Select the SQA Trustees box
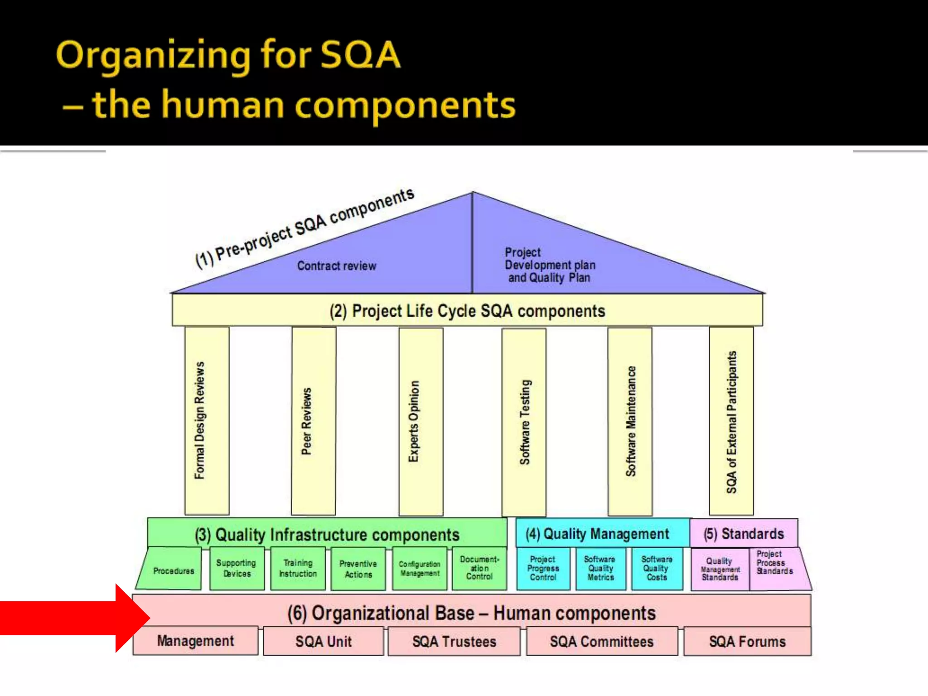coord(454,642)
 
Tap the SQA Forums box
coord(747,642)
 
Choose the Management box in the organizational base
coord(195,641)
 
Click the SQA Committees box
coord(602,642)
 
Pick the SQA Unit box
coord(324,642)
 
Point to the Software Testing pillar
coord(524,421)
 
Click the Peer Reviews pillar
coord(314,421)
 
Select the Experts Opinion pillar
coord(421,421)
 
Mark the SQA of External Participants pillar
coord(731,421)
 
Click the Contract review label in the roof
coord(337,266)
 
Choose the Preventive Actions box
coord(358,569)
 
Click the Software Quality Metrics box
coord(600,569)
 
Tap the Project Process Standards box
coord(774,563)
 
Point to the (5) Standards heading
coord(744,534)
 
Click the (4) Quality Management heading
coord(597,534)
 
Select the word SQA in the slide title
coord(360,55)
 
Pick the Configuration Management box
coord(419,569)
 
